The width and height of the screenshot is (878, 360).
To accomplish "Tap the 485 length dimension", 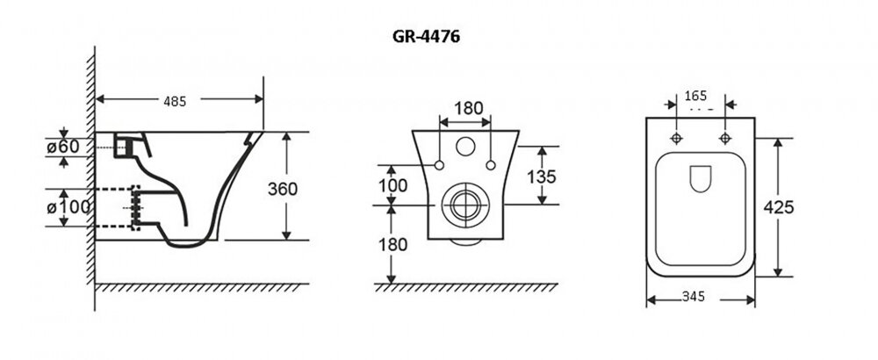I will [x=175, y=102].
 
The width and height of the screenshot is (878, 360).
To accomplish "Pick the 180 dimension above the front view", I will [x=467, y=109].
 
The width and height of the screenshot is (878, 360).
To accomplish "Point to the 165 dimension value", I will [x=695, y=95].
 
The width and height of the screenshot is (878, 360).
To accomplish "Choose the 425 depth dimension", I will [x=779, y=207].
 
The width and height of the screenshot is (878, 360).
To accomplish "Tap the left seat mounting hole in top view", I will [x=676, y=140].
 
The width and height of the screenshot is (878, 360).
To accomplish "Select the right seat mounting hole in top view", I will [x=726, y=140].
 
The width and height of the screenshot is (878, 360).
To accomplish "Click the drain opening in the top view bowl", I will [x=701, y=179].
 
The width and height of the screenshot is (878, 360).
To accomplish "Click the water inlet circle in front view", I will [x=465, y=146].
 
